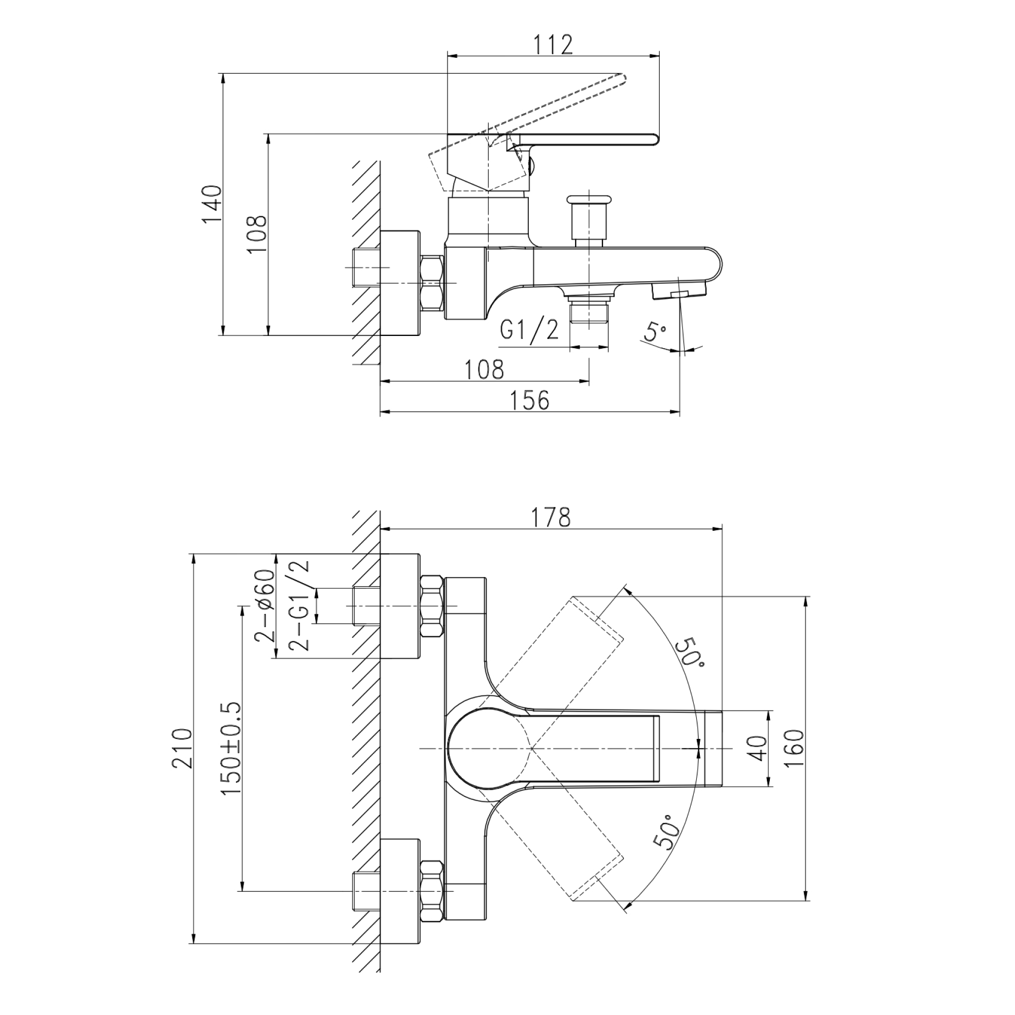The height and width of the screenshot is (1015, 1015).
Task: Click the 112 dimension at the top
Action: [x=553, y=45]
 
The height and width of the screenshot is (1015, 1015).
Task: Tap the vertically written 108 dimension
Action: [x=257, y=234]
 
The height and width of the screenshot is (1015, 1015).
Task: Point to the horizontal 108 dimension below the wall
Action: [x=484, y=369]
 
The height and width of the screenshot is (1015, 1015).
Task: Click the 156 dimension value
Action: [x=530, y=400]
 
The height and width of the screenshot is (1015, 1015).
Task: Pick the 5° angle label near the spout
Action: [x=655, y=332]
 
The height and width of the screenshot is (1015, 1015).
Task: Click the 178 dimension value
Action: [x=551, y=518]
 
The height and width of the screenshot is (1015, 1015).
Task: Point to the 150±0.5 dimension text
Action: [x=230, y=749]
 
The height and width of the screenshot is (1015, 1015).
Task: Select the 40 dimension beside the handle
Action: [x=758, y=748]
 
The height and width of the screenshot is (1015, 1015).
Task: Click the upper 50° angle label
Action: [x=690, y=653]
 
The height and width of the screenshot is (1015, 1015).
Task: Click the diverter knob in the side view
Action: [x=589, y=221]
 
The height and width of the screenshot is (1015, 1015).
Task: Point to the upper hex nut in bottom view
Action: [x=432, y=606]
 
